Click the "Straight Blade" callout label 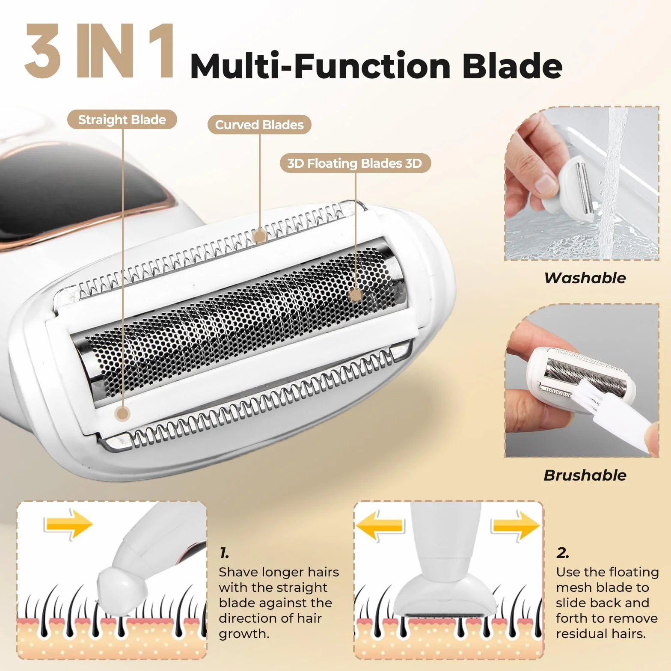point(122,120)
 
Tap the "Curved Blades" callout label point(259,125)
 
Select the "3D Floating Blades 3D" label point(355,163)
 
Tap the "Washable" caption point(585,278)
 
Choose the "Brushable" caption point(585,475)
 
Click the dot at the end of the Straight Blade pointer point(123,414)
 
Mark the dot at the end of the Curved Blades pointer point(259,236)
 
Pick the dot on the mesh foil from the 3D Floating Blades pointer point(355,295)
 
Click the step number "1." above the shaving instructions point(224,553)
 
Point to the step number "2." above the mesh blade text point(562,553)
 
